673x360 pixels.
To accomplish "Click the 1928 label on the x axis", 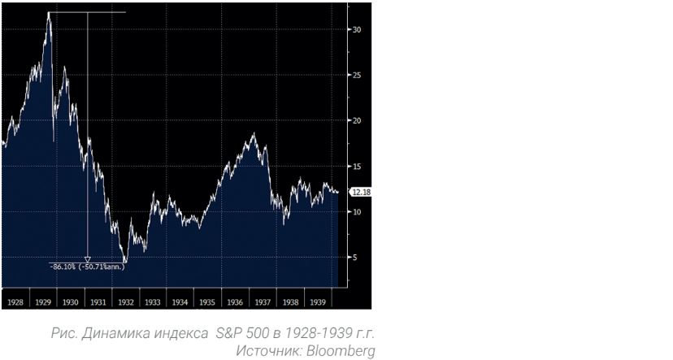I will pyautogui.click(x=15, y=301).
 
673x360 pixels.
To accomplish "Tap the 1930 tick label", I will pyautogui.click(x=70, y=301).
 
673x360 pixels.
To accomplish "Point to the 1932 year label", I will pyautogui.click(x=125, y=301).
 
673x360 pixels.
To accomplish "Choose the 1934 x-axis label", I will pyautogui.click(x=180, y=301).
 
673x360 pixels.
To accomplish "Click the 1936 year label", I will pyautogui.click(x=235, y=301).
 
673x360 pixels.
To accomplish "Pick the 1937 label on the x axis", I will pyautogui.click(x=263, y=301).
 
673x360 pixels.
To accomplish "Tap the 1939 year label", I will pyautogui.click(x=318, y=301).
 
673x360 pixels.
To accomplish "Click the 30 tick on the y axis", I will pyautogui.click(x=357, y=30).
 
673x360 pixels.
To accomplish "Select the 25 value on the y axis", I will pyautogui.click(x=357, y=76).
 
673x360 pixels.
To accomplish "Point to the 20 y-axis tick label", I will pyautogui.click(x=357, y=121).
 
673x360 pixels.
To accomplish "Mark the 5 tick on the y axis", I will pyautogui.click(x=355, y=258).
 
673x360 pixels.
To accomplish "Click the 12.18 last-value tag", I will pyautogui.click(x=361, y=193).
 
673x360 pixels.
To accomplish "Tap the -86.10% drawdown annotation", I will pyautogui.click(x=84, y=267).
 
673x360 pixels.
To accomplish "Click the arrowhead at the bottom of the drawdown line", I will pyautogui.click(x=88, y=259).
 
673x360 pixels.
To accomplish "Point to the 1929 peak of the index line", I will pyautogui.click(x=49, y=12).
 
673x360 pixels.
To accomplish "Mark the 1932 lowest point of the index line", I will pyautogui.click(x=124, y=262).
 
